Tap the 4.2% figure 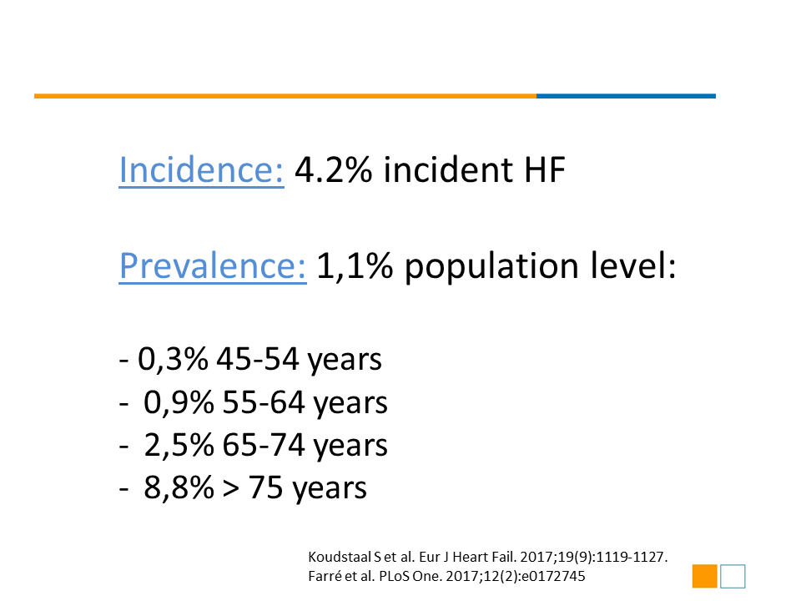pyautogui.click(x=334, y=169)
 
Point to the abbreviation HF pyautogui.click(x=545, y=169)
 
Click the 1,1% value pyautogui.click(x=355, y=267)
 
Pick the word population pyautogui.click(x=491, y=268)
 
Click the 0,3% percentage pyautogui.click(x=173, y=359)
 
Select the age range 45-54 pyautogui.click(x=258, y=359)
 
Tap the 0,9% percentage pyautogui.click(x=179, y=402)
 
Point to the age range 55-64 pyautogui.click(x=264, y=402)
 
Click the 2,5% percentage pyautogui.click(x=179, y=445)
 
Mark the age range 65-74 pyautogui.click(x=264, y=445)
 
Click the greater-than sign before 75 pyautogui.click(x=231, y=488)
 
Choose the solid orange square pyautogui.click(x=705, y=576)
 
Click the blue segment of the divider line pyautogui.click(x=626, y=96)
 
